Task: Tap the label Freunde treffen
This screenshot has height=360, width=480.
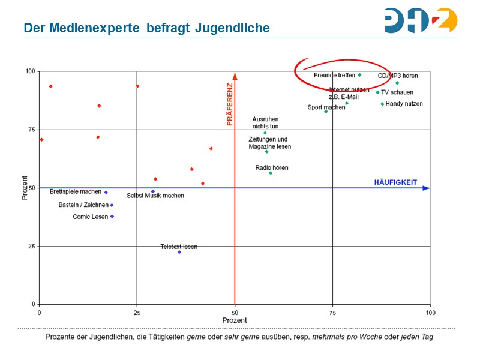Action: pos(334,76)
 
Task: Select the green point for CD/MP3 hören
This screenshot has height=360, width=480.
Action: pos(397,83)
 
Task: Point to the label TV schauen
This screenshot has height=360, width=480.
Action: pos(397,92)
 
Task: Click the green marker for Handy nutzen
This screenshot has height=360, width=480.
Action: pos(382,104)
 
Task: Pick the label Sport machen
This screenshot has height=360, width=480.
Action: pos(326,107)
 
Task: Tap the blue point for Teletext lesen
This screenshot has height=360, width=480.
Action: pos(179,252)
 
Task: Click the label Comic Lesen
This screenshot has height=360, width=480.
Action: pos(90,217)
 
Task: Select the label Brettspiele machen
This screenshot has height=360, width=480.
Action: pos(76,192)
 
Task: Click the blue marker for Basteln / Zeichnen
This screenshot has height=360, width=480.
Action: pos(112,205)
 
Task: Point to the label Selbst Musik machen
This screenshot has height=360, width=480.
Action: pos(155,196)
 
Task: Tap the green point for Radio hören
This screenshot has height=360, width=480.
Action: pos(271,173)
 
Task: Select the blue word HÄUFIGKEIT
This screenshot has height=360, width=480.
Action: pos(395,181)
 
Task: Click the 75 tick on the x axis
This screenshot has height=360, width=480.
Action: pos(332,313)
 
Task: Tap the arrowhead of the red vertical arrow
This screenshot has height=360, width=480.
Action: pos(235,76)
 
